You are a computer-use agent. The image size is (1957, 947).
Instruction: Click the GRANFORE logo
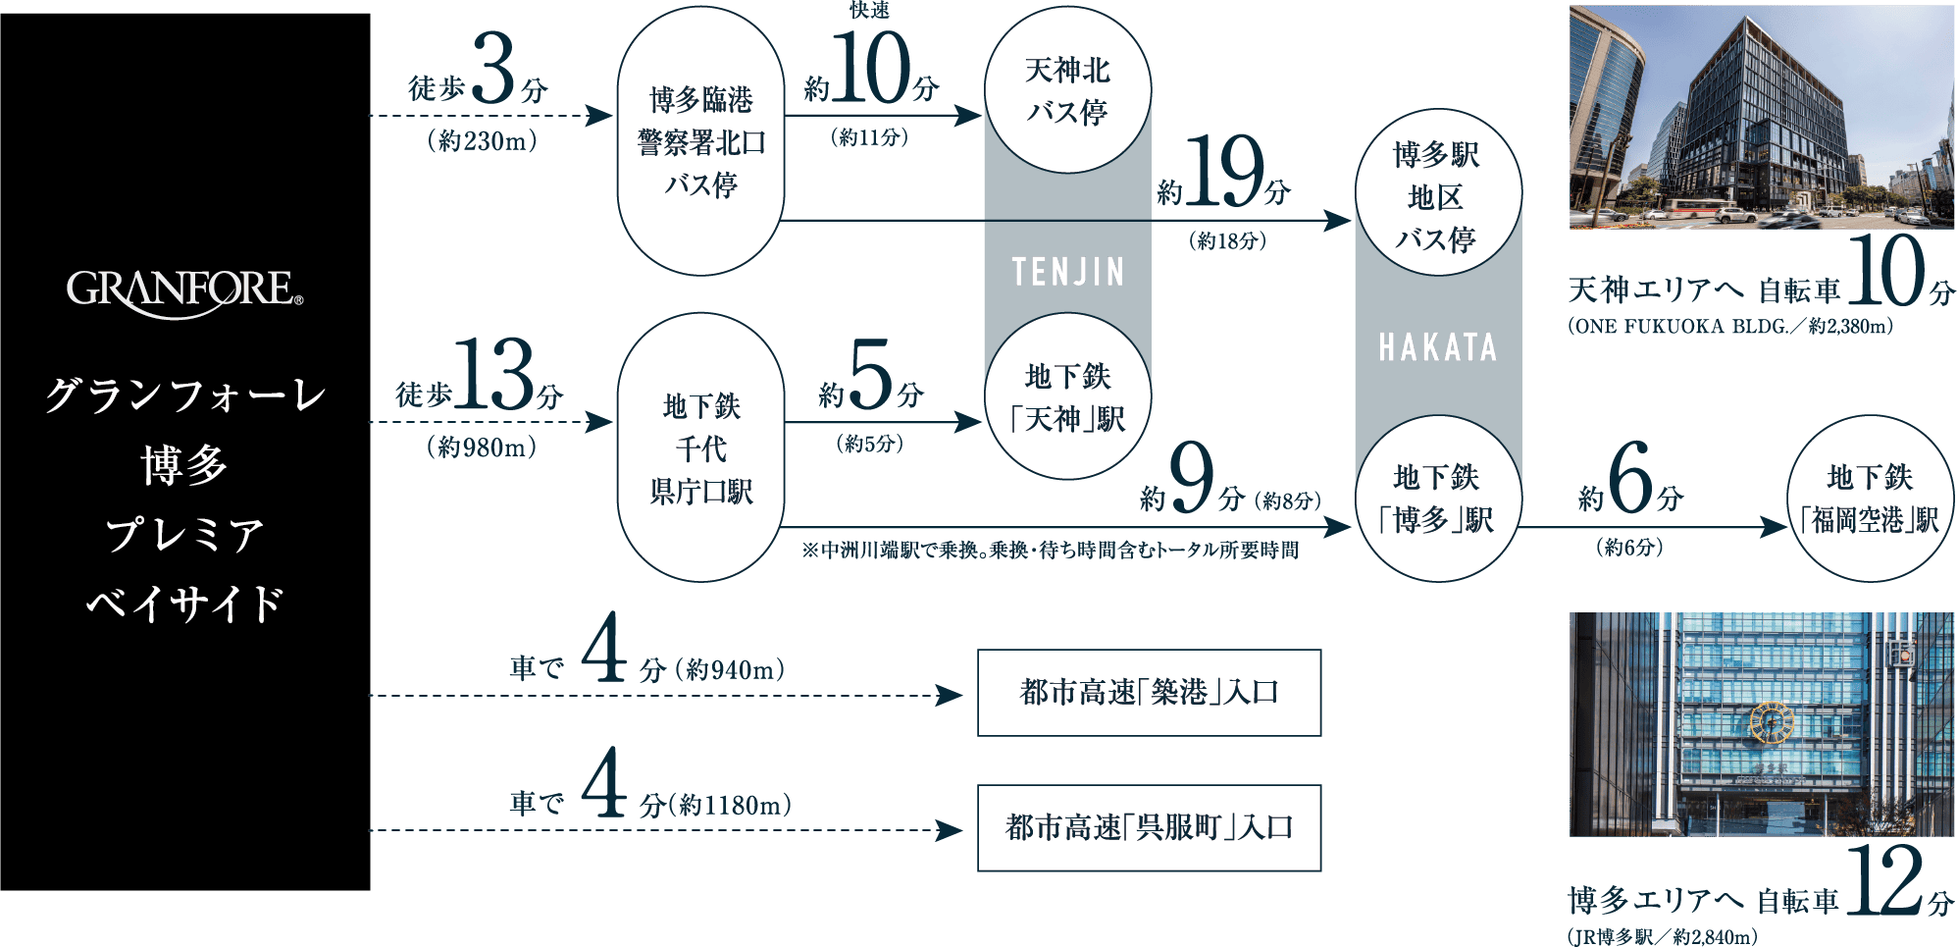click(x=184, y=292)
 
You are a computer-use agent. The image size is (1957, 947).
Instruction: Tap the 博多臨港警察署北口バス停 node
click(x=700, y=142)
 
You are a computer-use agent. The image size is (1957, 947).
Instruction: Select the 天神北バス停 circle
click(x=1067, y=90)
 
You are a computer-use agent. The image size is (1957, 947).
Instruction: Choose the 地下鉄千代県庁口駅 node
click(x=700, y=448)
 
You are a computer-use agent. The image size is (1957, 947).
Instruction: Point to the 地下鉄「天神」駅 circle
click(x=1067, y=397)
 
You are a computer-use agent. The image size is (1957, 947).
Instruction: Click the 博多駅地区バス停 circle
click(x=1437, y=195)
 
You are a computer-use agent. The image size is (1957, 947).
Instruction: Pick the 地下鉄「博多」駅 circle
click(x=1437, y=499)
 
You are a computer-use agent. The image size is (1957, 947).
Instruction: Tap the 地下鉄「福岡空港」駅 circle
click(x=1871, y=499)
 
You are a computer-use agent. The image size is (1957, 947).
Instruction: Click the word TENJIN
click(x=1067, y=272)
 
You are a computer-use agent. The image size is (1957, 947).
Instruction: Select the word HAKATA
click(x=1437, y=347)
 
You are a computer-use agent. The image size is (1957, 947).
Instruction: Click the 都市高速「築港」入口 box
click(x=1149, y=693)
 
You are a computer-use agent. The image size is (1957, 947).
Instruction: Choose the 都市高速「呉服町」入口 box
click(x=1149, y=828)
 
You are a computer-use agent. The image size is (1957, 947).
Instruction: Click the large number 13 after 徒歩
click(x=493, y=375)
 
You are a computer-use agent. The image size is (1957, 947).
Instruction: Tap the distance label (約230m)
click(x=482, y=141)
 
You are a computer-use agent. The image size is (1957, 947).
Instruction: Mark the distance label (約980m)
click(x=482, y=447)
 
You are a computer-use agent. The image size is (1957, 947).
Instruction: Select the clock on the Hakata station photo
click(x=1772, y=723)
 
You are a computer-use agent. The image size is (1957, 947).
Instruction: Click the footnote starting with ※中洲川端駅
click(x=1050, y=551)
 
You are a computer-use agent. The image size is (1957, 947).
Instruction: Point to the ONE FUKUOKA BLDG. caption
click(x=1729, y=327)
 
